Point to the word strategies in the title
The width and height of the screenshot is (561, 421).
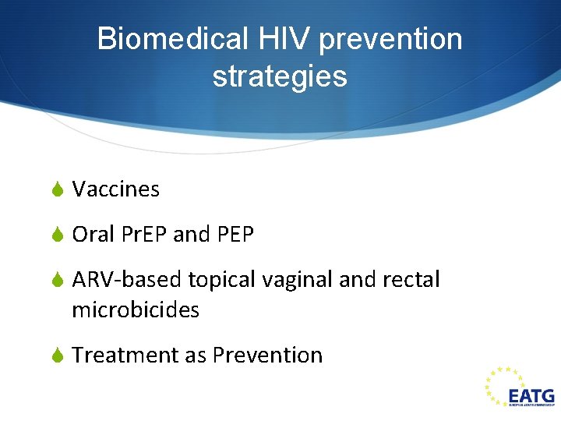(x=279, y=76)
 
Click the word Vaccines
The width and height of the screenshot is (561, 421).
(x=115, y=189)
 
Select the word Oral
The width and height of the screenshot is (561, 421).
(x=93, y=234)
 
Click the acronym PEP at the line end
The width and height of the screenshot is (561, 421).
(x=235, y=234)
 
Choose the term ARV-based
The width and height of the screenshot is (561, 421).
(x=127, y=279)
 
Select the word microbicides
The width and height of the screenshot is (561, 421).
(x=136, y=310)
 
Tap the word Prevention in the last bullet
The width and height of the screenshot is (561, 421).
(x=267, y=355)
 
